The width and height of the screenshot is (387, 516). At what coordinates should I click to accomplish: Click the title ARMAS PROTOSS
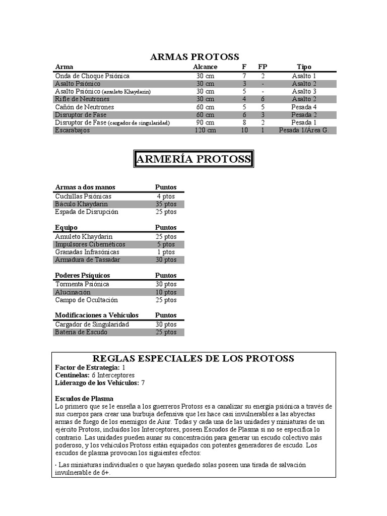tap(195, 57)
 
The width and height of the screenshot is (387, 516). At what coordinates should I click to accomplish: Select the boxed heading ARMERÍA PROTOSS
tap(194, 160)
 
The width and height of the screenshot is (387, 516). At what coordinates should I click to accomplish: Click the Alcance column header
tap(205, 67)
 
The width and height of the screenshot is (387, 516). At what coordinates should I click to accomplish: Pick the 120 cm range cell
tap(205, 130)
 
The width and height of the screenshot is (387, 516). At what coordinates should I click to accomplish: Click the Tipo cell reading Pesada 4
tap(304, 107)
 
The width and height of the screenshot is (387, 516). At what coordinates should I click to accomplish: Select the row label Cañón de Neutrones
tap(84, 107)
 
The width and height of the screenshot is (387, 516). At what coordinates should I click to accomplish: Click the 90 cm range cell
tap(205, 122)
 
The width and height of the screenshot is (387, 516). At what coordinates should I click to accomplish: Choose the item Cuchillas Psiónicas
tap(83, 196)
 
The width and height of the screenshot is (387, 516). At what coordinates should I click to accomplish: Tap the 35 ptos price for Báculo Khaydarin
tap(166, 204)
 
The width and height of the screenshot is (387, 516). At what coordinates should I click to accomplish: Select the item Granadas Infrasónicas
tap(87, 252)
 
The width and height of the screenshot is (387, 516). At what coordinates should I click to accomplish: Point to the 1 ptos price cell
tap(166, 252)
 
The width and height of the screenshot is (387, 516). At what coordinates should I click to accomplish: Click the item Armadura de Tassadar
tap(88, 260)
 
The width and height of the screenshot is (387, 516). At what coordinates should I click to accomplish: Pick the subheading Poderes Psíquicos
tap(82, 276)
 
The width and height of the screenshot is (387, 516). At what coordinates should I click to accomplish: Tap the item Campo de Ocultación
tap(86, 300)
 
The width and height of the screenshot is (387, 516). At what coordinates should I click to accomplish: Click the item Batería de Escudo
tap(81, 332)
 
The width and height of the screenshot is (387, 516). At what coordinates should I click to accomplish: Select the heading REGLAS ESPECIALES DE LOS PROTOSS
tap(194, 359)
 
